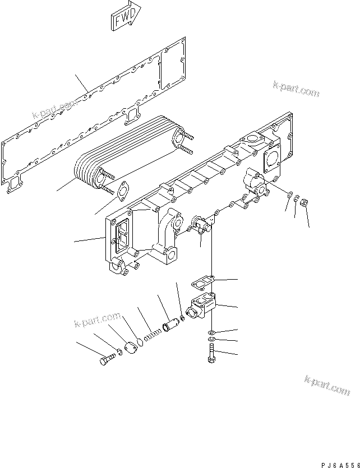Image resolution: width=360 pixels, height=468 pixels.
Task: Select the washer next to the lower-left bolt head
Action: coord(119,354)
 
